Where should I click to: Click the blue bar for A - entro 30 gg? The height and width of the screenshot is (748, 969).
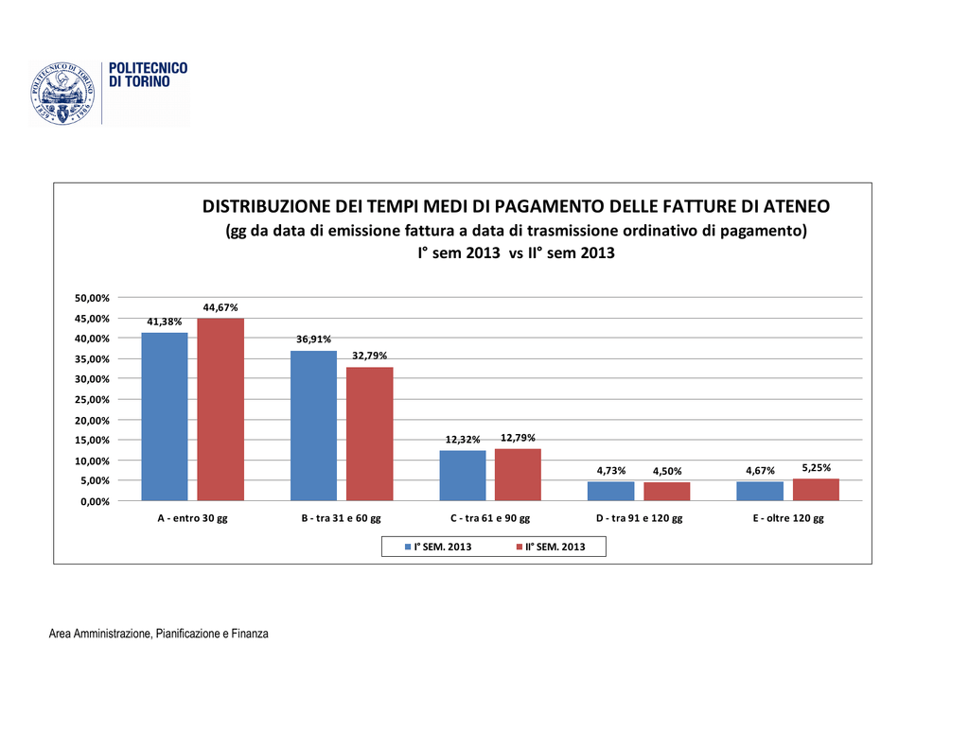point(165,416)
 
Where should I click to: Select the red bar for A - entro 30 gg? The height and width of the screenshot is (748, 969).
point(220,409)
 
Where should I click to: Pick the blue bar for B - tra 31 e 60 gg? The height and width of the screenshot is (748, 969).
point(313,426)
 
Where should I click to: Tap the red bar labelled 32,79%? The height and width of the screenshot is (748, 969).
point(369,434)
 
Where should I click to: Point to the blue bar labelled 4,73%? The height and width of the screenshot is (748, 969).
point(610,491)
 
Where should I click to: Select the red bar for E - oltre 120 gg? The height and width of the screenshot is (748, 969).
point(816,490)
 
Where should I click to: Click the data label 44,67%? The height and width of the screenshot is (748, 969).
point(220,307)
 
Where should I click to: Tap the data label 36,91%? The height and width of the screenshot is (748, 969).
point(313,339)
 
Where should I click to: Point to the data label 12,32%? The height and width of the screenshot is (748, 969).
point(464,440)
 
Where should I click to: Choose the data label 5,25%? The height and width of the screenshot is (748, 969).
point(816,467)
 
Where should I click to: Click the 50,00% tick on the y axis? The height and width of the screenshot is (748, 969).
point(93,298)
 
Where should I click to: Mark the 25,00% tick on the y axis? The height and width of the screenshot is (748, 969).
point(93,400)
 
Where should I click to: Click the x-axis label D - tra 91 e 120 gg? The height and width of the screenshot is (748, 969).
point(639,519)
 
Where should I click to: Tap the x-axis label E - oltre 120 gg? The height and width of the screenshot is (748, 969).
point(788,519)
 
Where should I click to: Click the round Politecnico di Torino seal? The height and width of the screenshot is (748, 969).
point(62,94)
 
